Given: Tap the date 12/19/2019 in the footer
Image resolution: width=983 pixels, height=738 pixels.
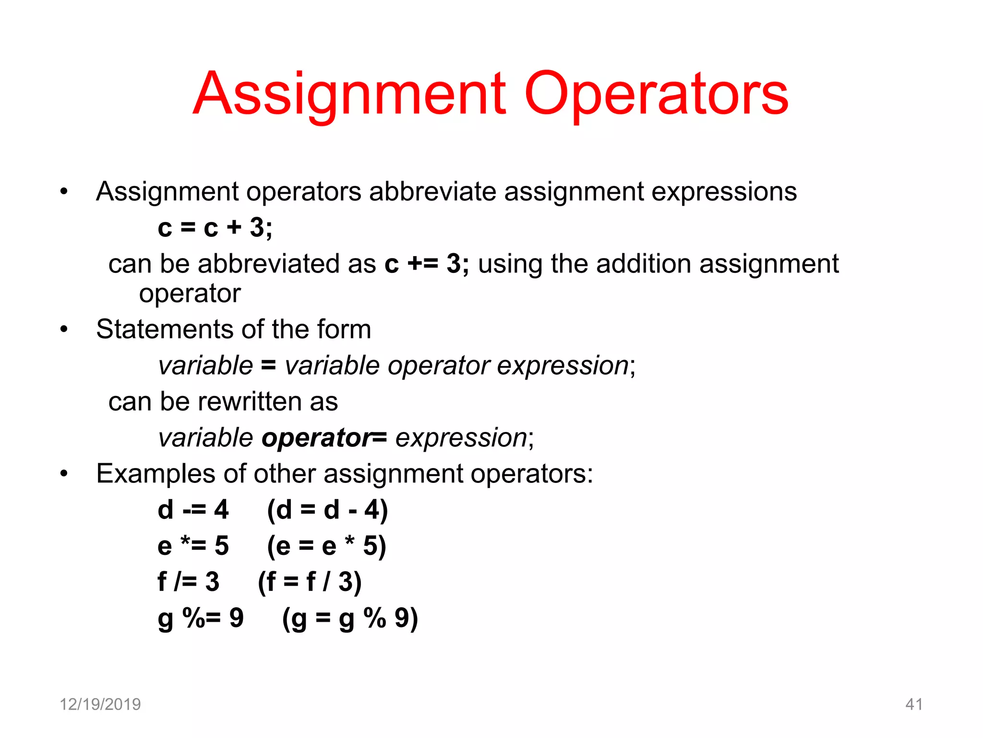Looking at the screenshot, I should click(100, 704).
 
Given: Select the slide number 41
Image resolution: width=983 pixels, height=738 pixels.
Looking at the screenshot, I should click(914, 704).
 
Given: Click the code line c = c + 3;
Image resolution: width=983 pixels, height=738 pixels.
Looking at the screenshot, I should click(215, 228).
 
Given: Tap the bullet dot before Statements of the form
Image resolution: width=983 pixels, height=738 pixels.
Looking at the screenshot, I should click(64, 330).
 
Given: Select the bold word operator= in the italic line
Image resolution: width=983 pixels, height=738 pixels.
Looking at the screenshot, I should click(324, 438).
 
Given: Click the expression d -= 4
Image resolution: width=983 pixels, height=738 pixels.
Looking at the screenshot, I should click(193, 510).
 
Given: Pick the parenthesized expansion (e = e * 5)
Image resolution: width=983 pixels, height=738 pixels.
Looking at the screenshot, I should click(326, 546).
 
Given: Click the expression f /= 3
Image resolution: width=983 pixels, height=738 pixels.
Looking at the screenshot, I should click(188, 582).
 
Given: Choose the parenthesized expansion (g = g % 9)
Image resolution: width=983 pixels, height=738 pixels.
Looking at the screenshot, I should click(350, 618).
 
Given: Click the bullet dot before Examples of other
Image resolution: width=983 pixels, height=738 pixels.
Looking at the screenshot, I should click(64, 474).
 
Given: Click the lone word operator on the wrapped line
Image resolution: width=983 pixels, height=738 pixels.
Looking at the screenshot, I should click(190, 294).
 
